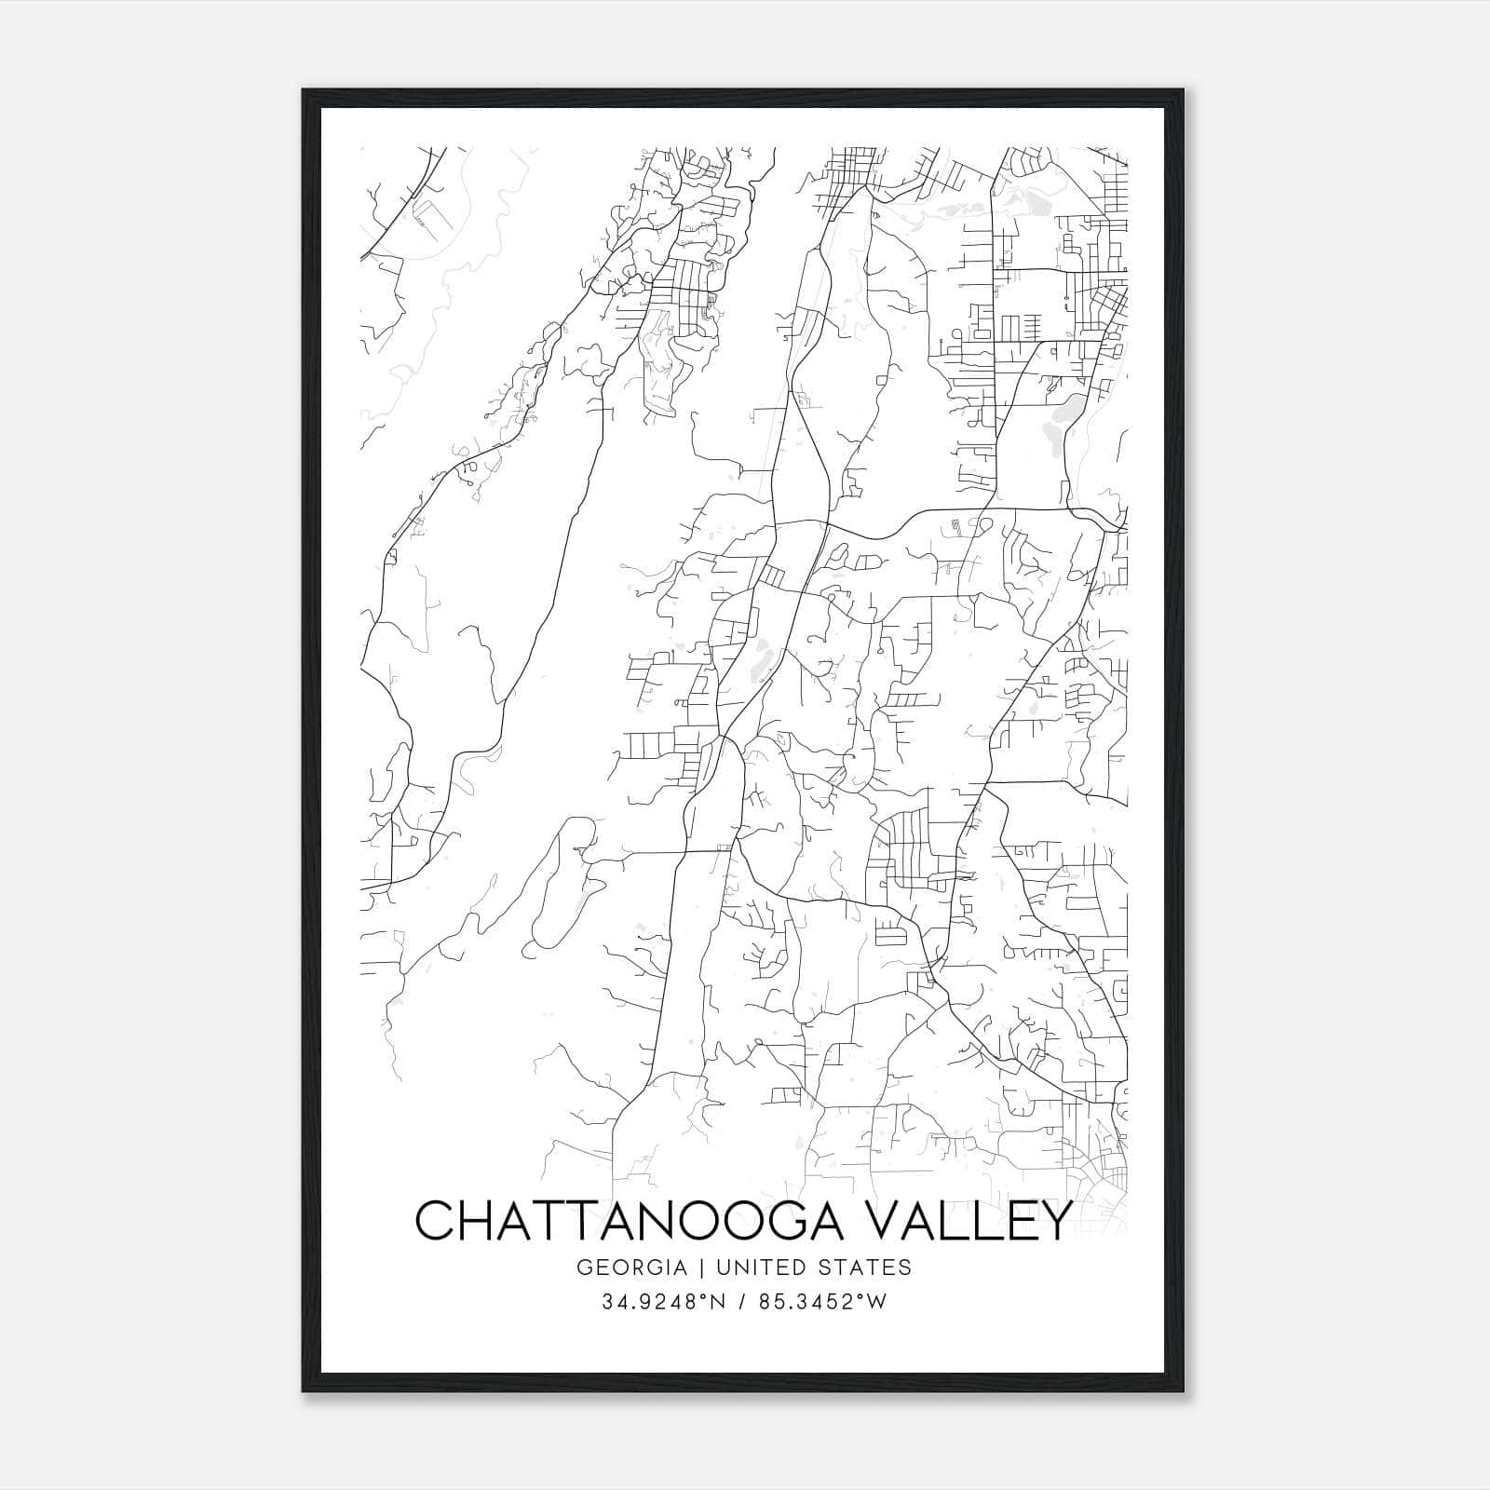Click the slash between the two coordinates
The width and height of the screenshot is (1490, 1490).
pyautogui.click(x=740, y=1302)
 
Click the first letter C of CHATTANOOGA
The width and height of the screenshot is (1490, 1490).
pyautogui.click(x=435, y=1220)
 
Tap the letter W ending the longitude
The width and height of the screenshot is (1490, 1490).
pyautogui.click(x=878, y=1302)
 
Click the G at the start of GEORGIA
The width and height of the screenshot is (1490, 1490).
pyautogui.click(x=584, y=1267)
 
